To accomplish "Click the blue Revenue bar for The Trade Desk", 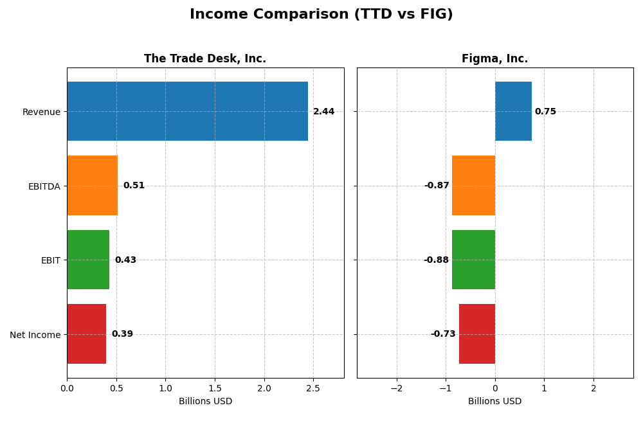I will click(187, 111).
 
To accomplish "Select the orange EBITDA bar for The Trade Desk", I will click(92, 185).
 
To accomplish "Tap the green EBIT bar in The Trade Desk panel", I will click(88, 260).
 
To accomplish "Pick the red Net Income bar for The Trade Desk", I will click(86, 334).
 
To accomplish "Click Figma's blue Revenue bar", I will click(513, 111).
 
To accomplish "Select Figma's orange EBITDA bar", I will click(473, 185).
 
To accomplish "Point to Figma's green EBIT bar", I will click(473, 260).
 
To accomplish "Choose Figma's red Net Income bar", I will click(477, 334).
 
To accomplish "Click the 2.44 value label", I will click(323, 112).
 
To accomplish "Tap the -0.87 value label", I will click(437, 186).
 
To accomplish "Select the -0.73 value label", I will click(443, 334).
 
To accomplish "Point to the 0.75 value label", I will click(545, 112).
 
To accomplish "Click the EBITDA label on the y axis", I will click(44, 186).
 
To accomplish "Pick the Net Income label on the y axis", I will click(35, 335).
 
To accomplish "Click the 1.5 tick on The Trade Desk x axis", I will click(215, 388).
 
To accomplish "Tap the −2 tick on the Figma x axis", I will click(396, 388).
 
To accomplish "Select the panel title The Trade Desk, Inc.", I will click(204, 59).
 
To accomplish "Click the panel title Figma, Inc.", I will click(494, 59).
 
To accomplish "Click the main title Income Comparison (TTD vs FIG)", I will click(321, 15).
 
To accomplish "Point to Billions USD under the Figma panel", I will click(494, 402).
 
